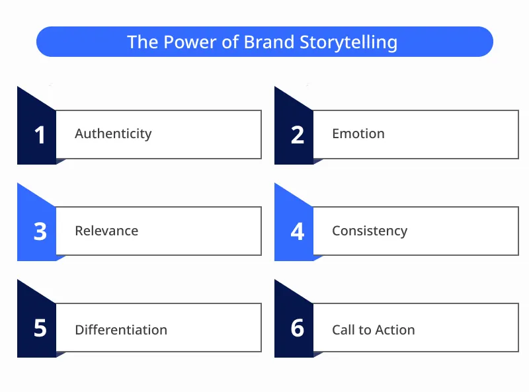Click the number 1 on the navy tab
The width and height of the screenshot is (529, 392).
coord(40,135)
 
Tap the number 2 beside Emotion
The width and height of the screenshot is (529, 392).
coord(298,135)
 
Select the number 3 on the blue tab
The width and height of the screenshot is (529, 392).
coord(40,232)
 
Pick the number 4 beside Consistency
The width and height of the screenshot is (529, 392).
coord(298,232)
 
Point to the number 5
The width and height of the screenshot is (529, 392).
coord(40,329)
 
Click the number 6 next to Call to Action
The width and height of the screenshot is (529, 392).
coord(298,329)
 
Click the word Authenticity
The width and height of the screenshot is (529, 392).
coord(113,134)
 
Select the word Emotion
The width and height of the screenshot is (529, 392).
coord(358,134)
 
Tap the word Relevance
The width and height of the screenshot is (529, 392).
coord(106,231)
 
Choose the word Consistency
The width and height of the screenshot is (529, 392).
coord(370,231)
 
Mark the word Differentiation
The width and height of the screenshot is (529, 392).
coord(121,330)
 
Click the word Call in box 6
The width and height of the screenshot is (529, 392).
coord(344,330)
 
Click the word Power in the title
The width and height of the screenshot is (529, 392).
coord(184,42)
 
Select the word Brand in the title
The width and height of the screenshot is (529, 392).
coord(269,42)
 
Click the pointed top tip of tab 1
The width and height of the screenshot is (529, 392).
coord(19,88)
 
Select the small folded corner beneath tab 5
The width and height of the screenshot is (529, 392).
coord(60,354)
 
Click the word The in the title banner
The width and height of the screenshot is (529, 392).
coord(142,42)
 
